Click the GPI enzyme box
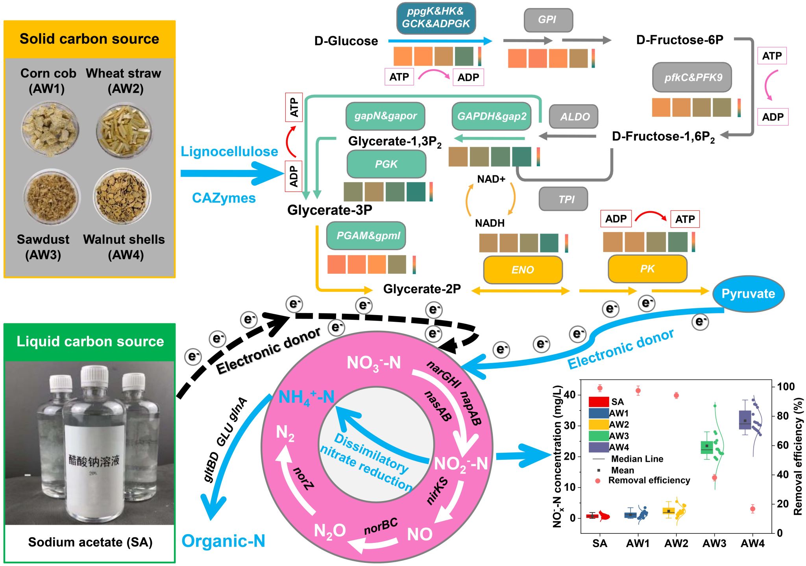coord(547,20)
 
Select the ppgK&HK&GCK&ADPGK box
coord(436,18)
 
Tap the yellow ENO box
coord(523,270)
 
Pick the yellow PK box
coord(647,269)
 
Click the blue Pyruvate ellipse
coord(748,294)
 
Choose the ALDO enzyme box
coord(574,116)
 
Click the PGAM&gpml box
coord(366,236)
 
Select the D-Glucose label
coord(346,41)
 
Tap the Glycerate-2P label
coord(422,289)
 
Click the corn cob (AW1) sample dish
coord(50,129)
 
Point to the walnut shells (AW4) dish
coord(122,195)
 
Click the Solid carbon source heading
coord(89,39)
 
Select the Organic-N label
coord(223,541)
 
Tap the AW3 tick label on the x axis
coord(714,544)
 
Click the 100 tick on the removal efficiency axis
coord(786,387)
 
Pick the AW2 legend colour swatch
coord(599,424)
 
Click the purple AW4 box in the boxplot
coord(745,420)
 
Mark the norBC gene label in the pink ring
coord(380,526)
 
